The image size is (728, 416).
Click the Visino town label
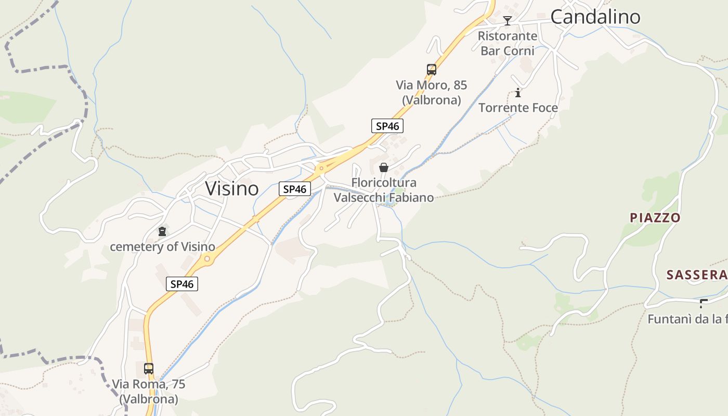231,188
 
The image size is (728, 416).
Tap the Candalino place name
595,17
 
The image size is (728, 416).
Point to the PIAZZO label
655,217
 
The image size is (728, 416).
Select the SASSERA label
696,275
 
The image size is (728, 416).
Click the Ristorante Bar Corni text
508,43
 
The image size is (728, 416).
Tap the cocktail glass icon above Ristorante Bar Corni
508,21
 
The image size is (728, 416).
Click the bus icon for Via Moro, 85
431,70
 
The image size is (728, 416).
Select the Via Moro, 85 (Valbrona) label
431,92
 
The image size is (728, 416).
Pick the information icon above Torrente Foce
518,93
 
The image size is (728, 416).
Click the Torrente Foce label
518,108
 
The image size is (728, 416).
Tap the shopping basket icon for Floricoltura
384,167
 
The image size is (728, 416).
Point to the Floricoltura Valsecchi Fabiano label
384,190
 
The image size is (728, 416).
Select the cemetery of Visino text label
162,246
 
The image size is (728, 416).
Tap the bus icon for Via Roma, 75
149,369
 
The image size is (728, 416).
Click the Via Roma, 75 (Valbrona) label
149,392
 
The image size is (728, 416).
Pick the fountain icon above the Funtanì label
704,303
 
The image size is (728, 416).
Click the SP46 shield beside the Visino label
295,189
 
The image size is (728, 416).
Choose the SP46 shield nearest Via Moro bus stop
387,125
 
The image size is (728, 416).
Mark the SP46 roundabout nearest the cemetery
207,258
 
